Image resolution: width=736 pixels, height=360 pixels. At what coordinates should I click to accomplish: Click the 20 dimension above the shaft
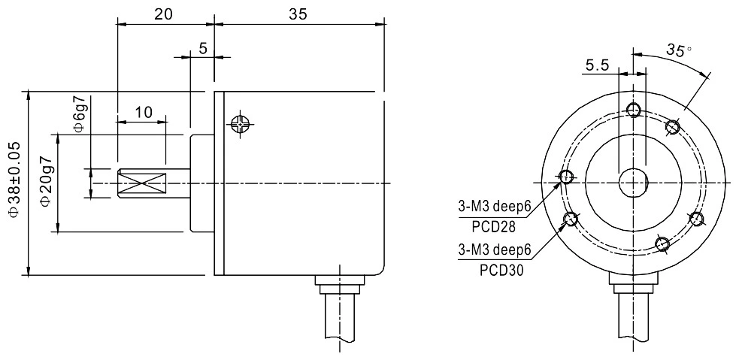[x=165, y=14]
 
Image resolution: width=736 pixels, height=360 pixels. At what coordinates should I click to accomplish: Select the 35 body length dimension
[x=298, y=14]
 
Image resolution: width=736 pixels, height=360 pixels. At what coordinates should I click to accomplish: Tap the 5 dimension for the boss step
[x=202, y=48]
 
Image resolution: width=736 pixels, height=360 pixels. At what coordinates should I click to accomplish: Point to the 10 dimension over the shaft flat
[x=143, y=112]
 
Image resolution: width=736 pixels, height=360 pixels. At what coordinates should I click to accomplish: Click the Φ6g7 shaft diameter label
[x=79, y=114]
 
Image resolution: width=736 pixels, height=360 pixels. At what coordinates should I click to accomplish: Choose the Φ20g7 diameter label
[x=46, y=183]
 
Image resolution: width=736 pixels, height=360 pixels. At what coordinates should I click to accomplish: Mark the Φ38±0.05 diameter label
[x=13, y=183]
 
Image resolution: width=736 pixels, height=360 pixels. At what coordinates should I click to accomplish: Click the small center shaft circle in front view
[x=632, y=183]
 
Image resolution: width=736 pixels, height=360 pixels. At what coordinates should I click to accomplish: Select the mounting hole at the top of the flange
[x=633, y=110]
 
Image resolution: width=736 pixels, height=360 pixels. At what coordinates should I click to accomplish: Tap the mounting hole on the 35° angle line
[x=674, y=127]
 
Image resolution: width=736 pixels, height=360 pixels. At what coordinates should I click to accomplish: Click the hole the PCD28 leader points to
[x=565, y=177]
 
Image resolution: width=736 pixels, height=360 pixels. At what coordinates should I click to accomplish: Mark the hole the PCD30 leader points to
[x=571, y=219]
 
